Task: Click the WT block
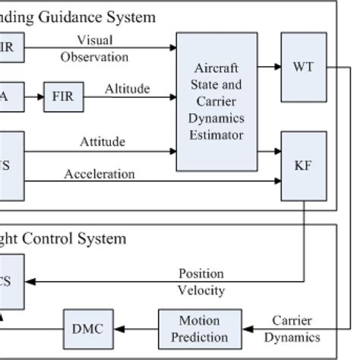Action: [x=304, y=67]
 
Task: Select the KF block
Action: [x=304, y=166]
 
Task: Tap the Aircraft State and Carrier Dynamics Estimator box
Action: [x=216, y=101]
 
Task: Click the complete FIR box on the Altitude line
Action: [x=63, y=97]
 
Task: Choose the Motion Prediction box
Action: [x=200, y=329]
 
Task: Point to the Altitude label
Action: [x=127, y=89]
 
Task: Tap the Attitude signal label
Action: [x=103, y=141]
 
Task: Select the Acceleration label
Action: [x=99, y=174]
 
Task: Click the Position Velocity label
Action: [x=201, y=281]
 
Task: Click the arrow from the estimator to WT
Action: [x=269, y=67]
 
